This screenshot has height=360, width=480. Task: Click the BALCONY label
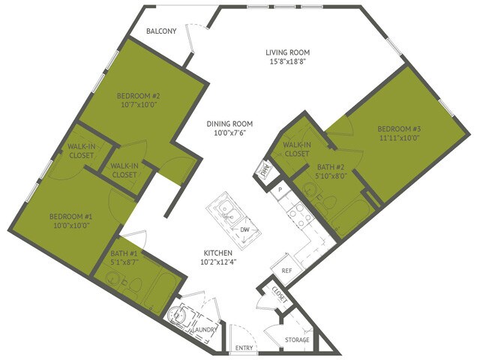pos(161,31)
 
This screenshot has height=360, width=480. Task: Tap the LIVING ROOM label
pos(287,52)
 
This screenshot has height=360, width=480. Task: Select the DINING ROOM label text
pos(230,124)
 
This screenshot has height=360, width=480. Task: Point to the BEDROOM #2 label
pos(139,96)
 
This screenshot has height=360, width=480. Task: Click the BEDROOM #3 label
pos(398,128)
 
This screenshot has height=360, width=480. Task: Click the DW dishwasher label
pos(244,230)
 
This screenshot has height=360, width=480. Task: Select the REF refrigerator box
pos(286,270)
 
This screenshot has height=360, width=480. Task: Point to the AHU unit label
pos(263,169)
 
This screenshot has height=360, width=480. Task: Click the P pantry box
pos(280,189)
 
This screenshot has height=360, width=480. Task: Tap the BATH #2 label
pos(329,167)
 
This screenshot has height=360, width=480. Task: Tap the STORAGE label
pos(298,340)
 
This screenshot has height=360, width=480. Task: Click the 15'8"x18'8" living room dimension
pos(287,63)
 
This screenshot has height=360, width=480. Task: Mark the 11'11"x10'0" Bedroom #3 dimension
pos(398,138)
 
